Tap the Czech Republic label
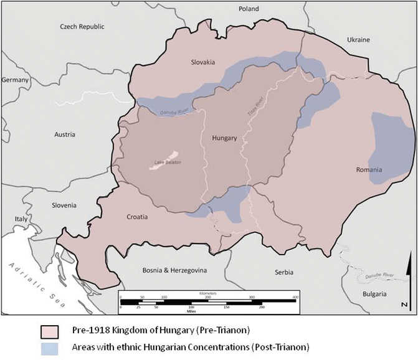click(82, 27)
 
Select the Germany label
click(16, 80)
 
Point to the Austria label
click(64, 135)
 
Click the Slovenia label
click(64, 205)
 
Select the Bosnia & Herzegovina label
click(175, 270)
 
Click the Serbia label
click(285, 272)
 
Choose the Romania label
click(386, 170)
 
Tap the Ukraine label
click(358, 40)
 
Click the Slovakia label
click(202, 62)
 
